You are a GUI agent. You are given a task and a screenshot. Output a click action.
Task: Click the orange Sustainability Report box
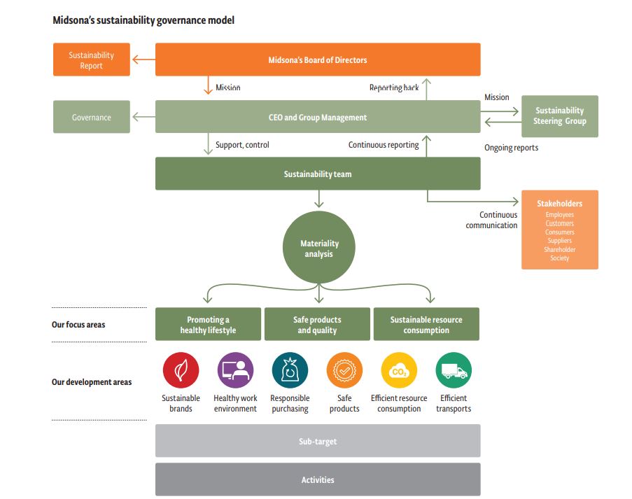91,60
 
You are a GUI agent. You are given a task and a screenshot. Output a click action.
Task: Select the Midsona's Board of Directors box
317,60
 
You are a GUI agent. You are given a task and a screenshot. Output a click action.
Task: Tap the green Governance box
91,118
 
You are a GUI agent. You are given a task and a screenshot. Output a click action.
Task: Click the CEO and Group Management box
317,118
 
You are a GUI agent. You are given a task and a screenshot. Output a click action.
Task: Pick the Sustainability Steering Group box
559,116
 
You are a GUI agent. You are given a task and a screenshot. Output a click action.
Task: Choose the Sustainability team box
317,174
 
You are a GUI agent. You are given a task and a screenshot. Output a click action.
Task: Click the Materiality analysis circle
319,248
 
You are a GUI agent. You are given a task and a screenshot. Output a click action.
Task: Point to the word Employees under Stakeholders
559,215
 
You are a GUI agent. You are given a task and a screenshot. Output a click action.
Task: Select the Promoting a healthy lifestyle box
208,325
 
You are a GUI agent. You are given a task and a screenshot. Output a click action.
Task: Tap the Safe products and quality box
316,325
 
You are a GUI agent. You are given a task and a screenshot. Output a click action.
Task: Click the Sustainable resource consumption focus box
426,325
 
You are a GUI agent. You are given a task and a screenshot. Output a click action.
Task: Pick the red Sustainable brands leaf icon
181,370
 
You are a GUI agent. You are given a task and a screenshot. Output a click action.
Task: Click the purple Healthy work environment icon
235,370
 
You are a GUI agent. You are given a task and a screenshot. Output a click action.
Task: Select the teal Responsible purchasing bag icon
290,370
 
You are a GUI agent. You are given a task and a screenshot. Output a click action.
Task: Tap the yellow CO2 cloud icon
399,370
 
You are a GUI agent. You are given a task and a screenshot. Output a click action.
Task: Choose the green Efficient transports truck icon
454,370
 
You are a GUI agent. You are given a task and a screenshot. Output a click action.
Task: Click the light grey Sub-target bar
317,441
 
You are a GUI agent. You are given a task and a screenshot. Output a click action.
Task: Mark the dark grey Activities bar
317,479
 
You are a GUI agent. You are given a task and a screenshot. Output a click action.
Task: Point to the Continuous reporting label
384,145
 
